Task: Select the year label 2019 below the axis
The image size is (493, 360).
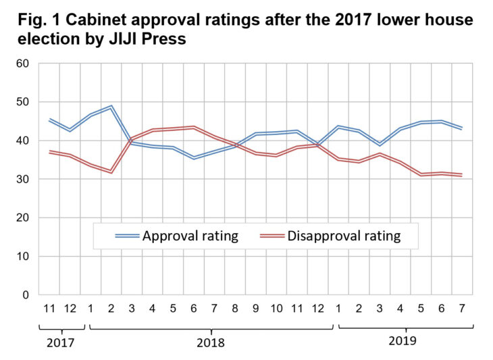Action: pos(403,340)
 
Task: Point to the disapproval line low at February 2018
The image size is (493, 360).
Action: pos(111,172)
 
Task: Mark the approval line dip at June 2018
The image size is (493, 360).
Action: pos(193,157)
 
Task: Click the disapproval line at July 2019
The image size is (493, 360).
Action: pos(461,175)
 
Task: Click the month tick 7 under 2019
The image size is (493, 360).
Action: pos(461,310)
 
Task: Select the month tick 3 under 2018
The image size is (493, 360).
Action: pos(132,310)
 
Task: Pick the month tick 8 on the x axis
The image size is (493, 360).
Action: pos(234,310)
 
